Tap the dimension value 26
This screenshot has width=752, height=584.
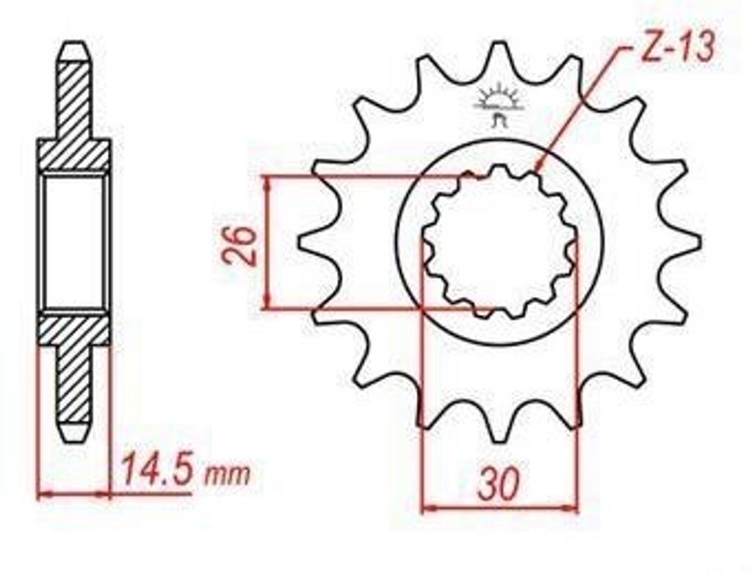click(239, 245)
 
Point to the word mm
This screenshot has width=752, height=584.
click(228, 474)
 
